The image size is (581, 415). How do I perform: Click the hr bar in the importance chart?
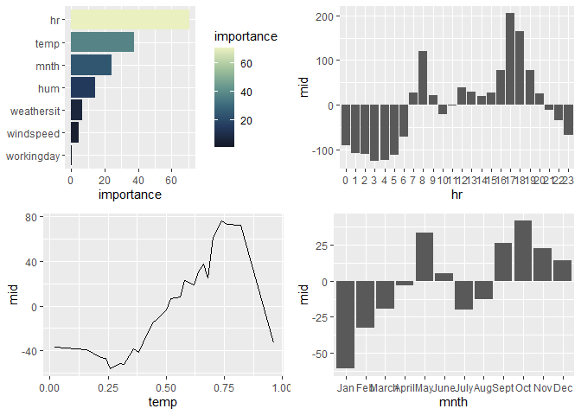point(130,19)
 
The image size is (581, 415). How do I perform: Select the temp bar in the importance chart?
point(102,42)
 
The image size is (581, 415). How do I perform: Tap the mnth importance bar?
point(91,65)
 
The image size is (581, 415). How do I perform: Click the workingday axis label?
point(33,156)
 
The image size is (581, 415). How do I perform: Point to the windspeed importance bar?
point(74,133)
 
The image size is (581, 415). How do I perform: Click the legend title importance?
point(246,37)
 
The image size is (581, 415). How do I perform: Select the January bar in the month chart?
point(346,325)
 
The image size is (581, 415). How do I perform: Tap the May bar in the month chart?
point(425,257)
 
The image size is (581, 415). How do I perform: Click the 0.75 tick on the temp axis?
point(223,388)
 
